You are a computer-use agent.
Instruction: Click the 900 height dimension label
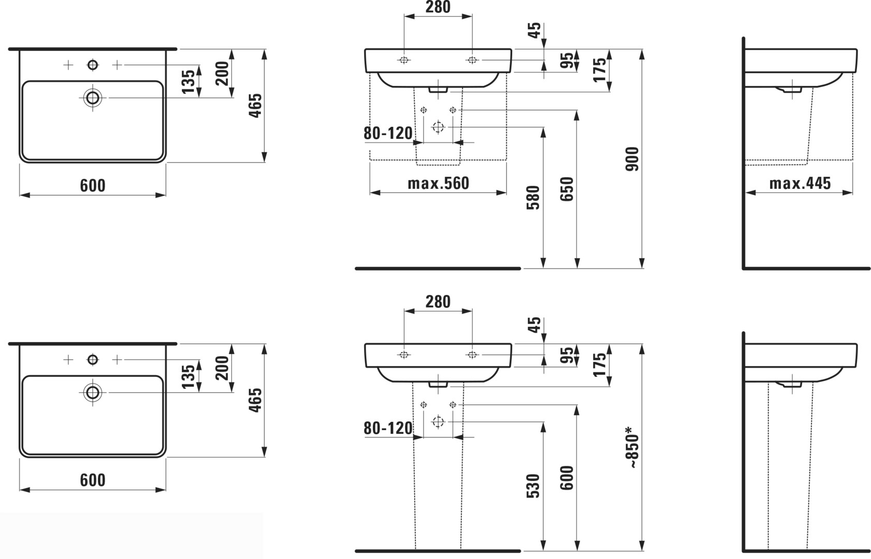[x=632, y=158]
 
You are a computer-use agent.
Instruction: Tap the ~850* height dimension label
[x=632, y=447]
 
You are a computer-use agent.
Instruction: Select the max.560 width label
[x=438, y=183]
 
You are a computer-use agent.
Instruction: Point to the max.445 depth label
[x=800, y=183]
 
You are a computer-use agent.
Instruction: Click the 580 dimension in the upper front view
[x=533, y=198]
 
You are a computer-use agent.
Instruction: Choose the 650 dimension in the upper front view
[x=567, y=189]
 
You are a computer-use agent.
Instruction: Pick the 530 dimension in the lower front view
[x=533, y=486]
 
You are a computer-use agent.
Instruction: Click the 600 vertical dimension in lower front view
[x=567, y=478]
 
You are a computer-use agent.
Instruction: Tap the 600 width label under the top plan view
[x=93, y=185]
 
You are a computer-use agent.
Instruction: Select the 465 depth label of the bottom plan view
[x=255, y=400]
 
